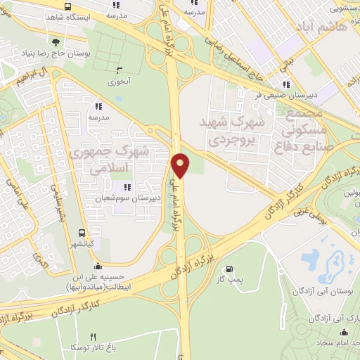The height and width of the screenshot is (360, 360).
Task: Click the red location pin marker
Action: point(181,165)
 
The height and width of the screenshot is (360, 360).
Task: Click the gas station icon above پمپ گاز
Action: point(229,269)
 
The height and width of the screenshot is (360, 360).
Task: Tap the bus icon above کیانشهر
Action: point(83,233)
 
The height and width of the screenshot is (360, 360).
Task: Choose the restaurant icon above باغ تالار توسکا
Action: point(94,337)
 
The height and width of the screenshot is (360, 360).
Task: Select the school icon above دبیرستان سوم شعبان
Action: point(127,186)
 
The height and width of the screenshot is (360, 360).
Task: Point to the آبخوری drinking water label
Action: point(119,81)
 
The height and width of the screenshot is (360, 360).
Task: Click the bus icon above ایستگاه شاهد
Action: point(66,6)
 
